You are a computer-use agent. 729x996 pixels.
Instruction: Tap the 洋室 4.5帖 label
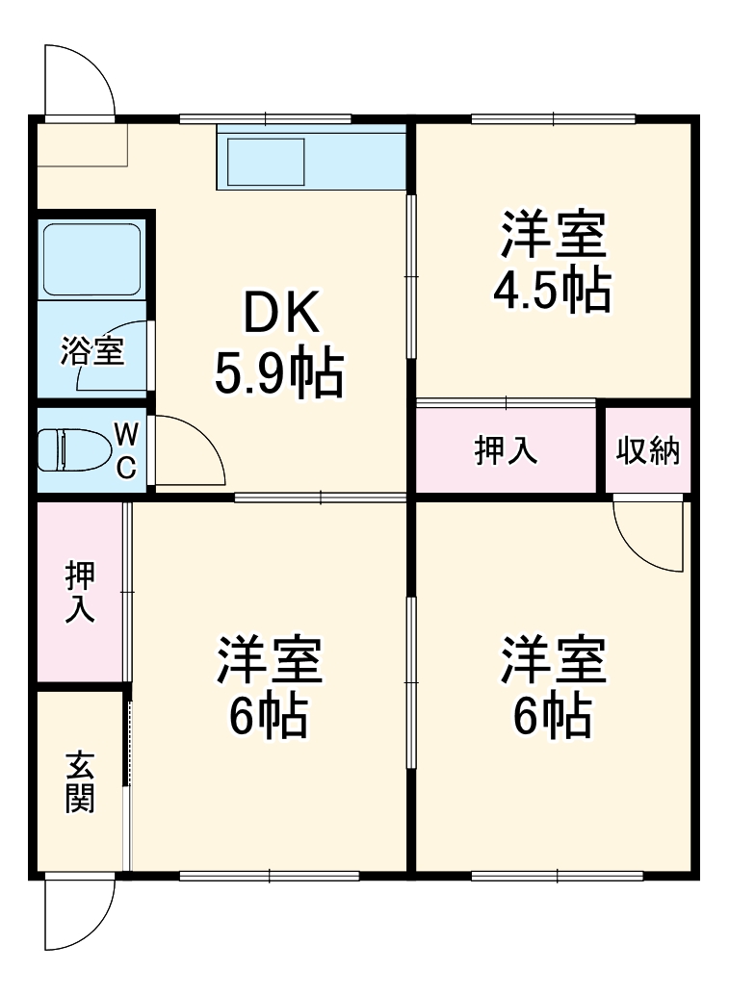[x=553, y=262]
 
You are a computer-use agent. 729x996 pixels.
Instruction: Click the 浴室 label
[x=91, y=351]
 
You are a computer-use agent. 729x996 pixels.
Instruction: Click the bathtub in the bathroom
[x=91, y=260]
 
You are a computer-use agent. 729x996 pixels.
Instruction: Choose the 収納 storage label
[x=648, y=450]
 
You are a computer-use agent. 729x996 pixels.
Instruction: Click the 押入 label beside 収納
[x=506, y=450]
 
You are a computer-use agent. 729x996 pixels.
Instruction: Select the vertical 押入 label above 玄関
[x=80, y=592]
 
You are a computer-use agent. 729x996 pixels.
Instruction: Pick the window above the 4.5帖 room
[x=553, y=118]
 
